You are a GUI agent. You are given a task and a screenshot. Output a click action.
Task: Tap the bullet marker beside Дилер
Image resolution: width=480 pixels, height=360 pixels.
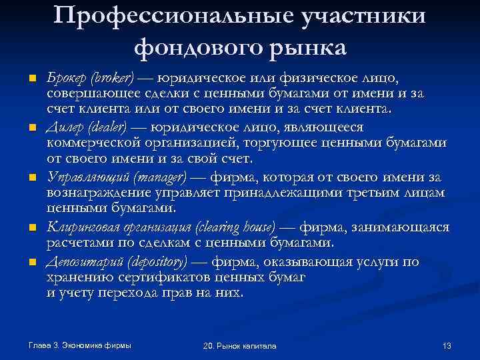31,128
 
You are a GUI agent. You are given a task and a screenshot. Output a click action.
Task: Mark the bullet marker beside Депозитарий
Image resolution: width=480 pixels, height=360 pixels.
31,262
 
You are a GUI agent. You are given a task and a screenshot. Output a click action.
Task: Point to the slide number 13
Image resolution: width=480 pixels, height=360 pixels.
447,346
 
